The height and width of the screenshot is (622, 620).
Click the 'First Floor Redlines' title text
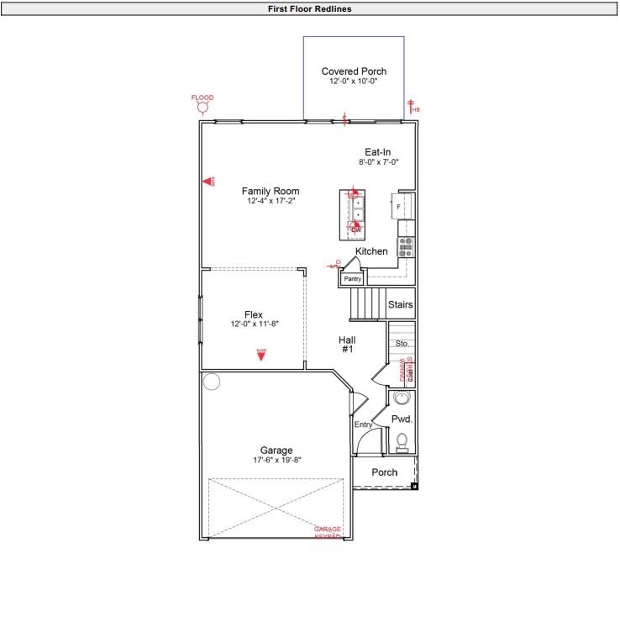(x=309, y=8)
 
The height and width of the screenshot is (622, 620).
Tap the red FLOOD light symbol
(x=202, y=108)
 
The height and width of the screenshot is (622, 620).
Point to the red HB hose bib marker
(x=412, y=107)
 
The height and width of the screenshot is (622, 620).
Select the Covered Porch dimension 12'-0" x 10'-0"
(x=354, y=82)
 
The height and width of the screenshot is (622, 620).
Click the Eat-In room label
(x=377, y=152)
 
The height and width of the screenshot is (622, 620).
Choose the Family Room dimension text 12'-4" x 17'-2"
(x=271, y=201)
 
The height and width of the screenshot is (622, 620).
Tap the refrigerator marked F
(x=399, y=206)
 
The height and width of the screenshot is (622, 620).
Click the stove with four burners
(x=406, y=247)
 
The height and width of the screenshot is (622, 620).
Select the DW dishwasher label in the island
(x=356, y=229)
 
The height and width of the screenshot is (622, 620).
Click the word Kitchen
(x=371, y=251)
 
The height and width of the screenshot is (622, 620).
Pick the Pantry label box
(x=352, y=278)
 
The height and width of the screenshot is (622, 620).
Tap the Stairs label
(x=401, y=305)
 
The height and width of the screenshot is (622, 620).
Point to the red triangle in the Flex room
(x=261, y=355)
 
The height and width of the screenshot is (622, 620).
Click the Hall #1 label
(x=348, y=344)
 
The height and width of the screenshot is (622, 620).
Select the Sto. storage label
(x=402, y=344)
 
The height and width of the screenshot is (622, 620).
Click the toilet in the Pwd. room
(x=402, y=440)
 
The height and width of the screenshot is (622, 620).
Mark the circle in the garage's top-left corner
(x=212, y=382)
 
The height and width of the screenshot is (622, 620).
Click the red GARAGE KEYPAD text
(x=328, y=532)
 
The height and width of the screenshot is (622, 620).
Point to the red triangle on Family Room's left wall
(x=207, y=181)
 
